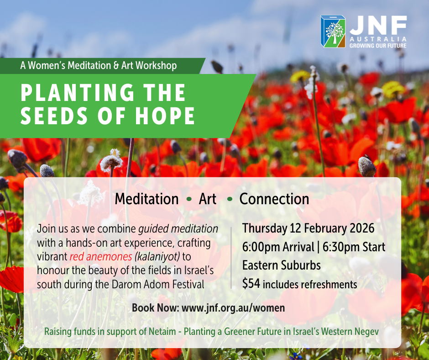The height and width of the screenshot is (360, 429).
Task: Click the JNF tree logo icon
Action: pos(333,31)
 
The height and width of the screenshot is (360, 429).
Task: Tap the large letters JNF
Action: pos(378,25)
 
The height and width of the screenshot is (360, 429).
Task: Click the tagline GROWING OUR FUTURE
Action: pos(378,46)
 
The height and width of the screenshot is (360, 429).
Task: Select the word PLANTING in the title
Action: pos(77,93)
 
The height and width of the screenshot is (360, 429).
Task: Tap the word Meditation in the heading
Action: pos(146,199)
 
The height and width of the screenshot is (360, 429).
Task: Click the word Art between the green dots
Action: pos(208,199)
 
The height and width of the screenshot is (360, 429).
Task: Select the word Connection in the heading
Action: pos(274,199)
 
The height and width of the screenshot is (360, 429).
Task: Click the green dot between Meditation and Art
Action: pos(189,199)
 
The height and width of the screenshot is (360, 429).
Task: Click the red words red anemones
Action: pos(101,257)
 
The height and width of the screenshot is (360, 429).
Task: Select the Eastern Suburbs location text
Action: pos(282,265)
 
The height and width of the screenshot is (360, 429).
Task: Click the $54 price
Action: pos(251,284)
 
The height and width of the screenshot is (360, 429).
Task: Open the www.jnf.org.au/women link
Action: pos(233,308)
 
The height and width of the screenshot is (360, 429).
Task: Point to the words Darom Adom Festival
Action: pos(158,284)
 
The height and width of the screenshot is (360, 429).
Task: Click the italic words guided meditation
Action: pos(178,229)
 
